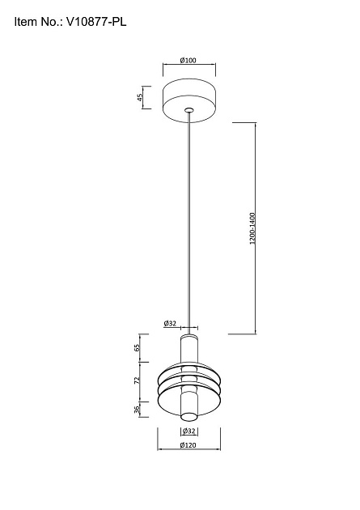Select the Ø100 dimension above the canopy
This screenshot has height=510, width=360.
point(188,61)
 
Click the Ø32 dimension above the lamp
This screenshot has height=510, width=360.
point(170,323)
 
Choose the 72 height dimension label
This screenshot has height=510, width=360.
point(138,379)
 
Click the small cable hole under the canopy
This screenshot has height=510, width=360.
point(188,108)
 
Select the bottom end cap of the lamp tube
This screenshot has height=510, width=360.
point(188,417)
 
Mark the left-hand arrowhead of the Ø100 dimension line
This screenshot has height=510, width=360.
point(165,66)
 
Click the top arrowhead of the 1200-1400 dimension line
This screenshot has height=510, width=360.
point(256,124)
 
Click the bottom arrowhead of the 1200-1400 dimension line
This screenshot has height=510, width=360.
point(256,332)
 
